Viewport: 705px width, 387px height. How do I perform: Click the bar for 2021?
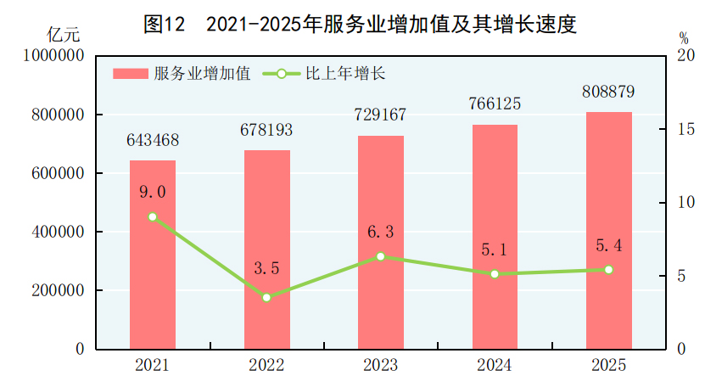[x=153, y=255]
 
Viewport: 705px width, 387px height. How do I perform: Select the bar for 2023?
[x=381, y=242]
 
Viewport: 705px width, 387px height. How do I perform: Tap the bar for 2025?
[x=609, y=230]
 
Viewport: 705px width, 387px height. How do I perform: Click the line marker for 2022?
[x=266, y=297]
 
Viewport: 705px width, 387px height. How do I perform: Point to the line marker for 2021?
[x=153, y=216]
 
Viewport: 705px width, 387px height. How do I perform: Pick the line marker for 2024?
[x=495, y=274]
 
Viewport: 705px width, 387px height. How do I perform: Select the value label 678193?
[x=266, y=131]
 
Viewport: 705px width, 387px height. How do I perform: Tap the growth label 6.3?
[x=381, y=231]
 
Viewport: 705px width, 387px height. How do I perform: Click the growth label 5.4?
[x=609, y=245]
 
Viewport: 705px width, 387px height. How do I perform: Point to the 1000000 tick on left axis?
[x=54, y=56]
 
